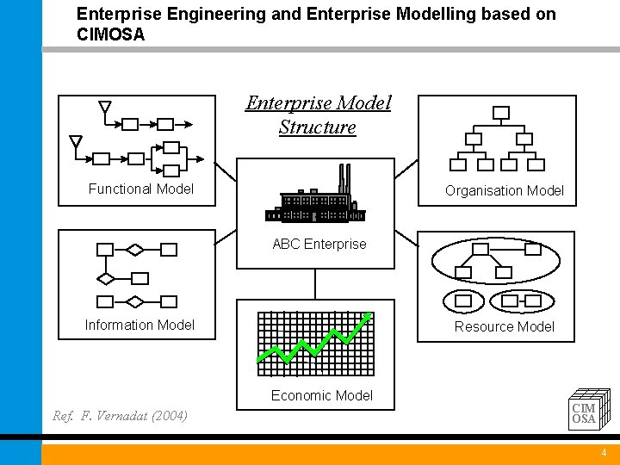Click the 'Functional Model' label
pos(141,189)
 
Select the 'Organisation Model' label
pos(504,190)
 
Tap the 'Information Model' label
pos(139,325)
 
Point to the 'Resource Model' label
pos(504,326)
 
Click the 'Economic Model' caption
pos(321,395)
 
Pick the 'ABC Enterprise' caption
pos(319,244)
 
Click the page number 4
pos(604,453)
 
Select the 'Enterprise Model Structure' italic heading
pos(317,115)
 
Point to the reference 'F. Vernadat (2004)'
pos(121,417)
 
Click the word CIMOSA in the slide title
pos(111,35)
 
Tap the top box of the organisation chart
pos(500,112)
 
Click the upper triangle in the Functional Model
pos(105,108)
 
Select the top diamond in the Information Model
pos(135,250)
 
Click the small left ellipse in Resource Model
pos(463,301)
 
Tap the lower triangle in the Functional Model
pos(76,141)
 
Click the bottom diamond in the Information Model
pos(135,301)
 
